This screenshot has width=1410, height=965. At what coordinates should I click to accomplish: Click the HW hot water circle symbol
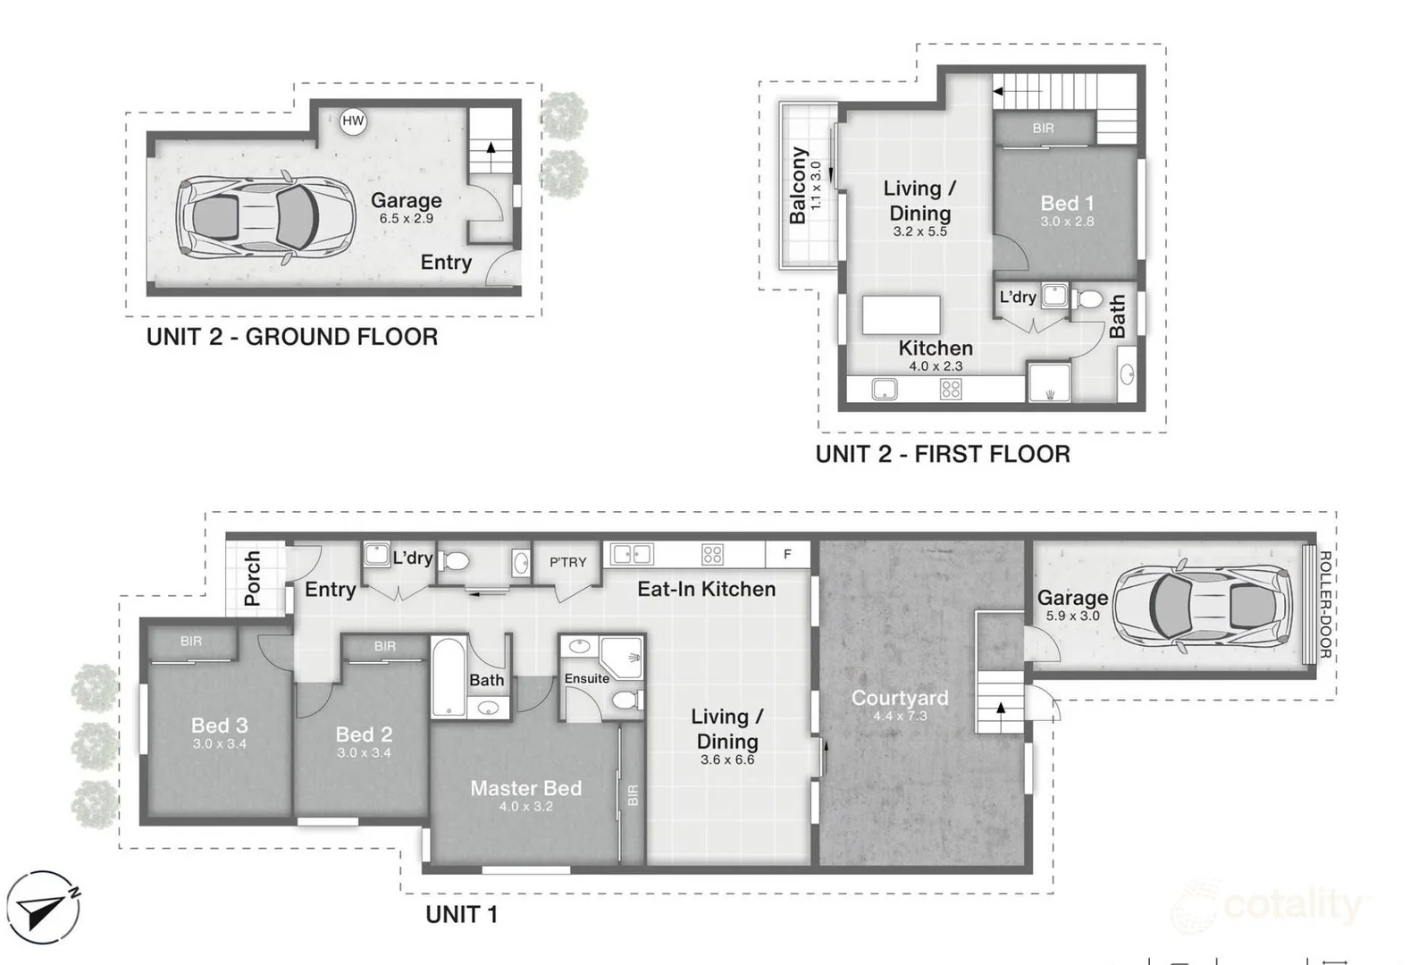point(352,121)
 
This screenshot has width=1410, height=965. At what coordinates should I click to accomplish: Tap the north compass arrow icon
point(43,907)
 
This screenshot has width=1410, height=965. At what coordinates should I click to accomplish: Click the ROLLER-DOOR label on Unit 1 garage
point(1324,604)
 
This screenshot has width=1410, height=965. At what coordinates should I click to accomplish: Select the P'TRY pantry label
point(567,562)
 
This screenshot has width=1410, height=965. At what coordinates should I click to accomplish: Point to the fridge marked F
point(787,555)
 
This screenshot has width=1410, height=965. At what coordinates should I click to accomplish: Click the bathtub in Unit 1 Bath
point(449,676)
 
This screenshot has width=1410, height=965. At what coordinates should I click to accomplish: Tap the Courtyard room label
point(900,698)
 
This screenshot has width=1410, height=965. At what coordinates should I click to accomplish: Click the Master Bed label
point(525,788)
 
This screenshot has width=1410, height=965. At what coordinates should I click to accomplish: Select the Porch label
point(252,578)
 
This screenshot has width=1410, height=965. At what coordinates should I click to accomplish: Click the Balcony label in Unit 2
point(798,186)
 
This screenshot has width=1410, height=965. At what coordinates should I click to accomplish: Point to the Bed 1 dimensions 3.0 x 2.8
point(1067,222)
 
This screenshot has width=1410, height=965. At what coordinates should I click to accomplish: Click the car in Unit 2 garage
point(265,217)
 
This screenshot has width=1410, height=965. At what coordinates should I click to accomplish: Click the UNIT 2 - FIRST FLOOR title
point(943,454)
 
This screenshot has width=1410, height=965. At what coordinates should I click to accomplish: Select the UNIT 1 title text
point(461,915)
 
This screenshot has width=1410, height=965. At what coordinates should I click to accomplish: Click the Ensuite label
point(587,678)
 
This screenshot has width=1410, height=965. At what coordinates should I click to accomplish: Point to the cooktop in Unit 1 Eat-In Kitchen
point(712,555)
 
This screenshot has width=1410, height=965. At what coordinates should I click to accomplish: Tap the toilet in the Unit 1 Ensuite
point(627,700)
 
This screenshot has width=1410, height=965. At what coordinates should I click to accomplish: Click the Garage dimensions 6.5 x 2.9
point(406,218)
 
